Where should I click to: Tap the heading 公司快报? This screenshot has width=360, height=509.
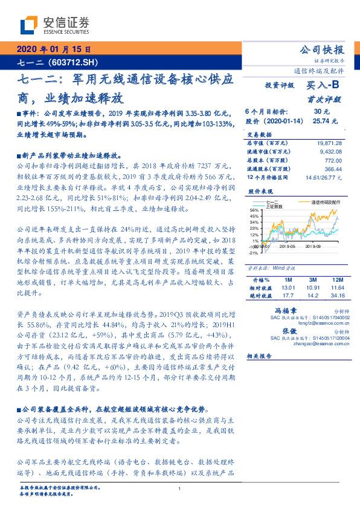pos(322,50)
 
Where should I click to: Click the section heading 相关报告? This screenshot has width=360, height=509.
pos(260,356)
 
